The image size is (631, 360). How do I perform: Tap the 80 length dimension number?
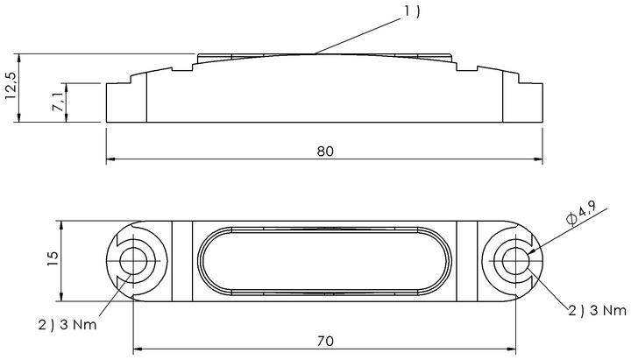(325, 152)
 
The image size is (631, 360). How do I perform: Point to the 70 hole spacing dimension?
(325, 341)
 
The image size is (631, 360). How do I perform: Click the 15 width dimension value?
(53, 258)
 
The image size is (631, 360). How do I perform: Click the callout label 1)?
(412, 11)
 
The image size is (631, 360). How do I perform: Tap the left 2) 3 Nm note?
(67, 325)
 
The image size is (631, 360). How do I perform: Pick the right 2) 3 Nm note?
(597, 311)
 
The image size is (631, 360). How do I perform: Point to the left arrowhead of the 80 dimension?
(110, 159)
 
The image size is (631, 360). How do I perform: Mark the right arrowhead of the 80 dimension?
(538, 159)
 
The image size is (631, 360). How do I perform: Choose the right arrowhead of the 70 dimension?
(511, 349)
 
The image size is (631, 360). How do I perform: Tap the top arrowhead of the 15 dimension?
(61, 226)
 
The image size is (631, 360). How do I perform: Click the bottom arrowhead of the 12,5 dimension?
(19, 117)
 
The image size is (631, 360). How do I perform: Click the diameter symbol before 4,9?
(571, 219)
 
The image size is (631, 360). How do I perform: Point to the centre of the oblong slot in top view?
(324, 261)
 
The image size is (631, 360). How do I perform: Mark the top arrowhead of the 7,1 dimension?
(67, 88)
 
